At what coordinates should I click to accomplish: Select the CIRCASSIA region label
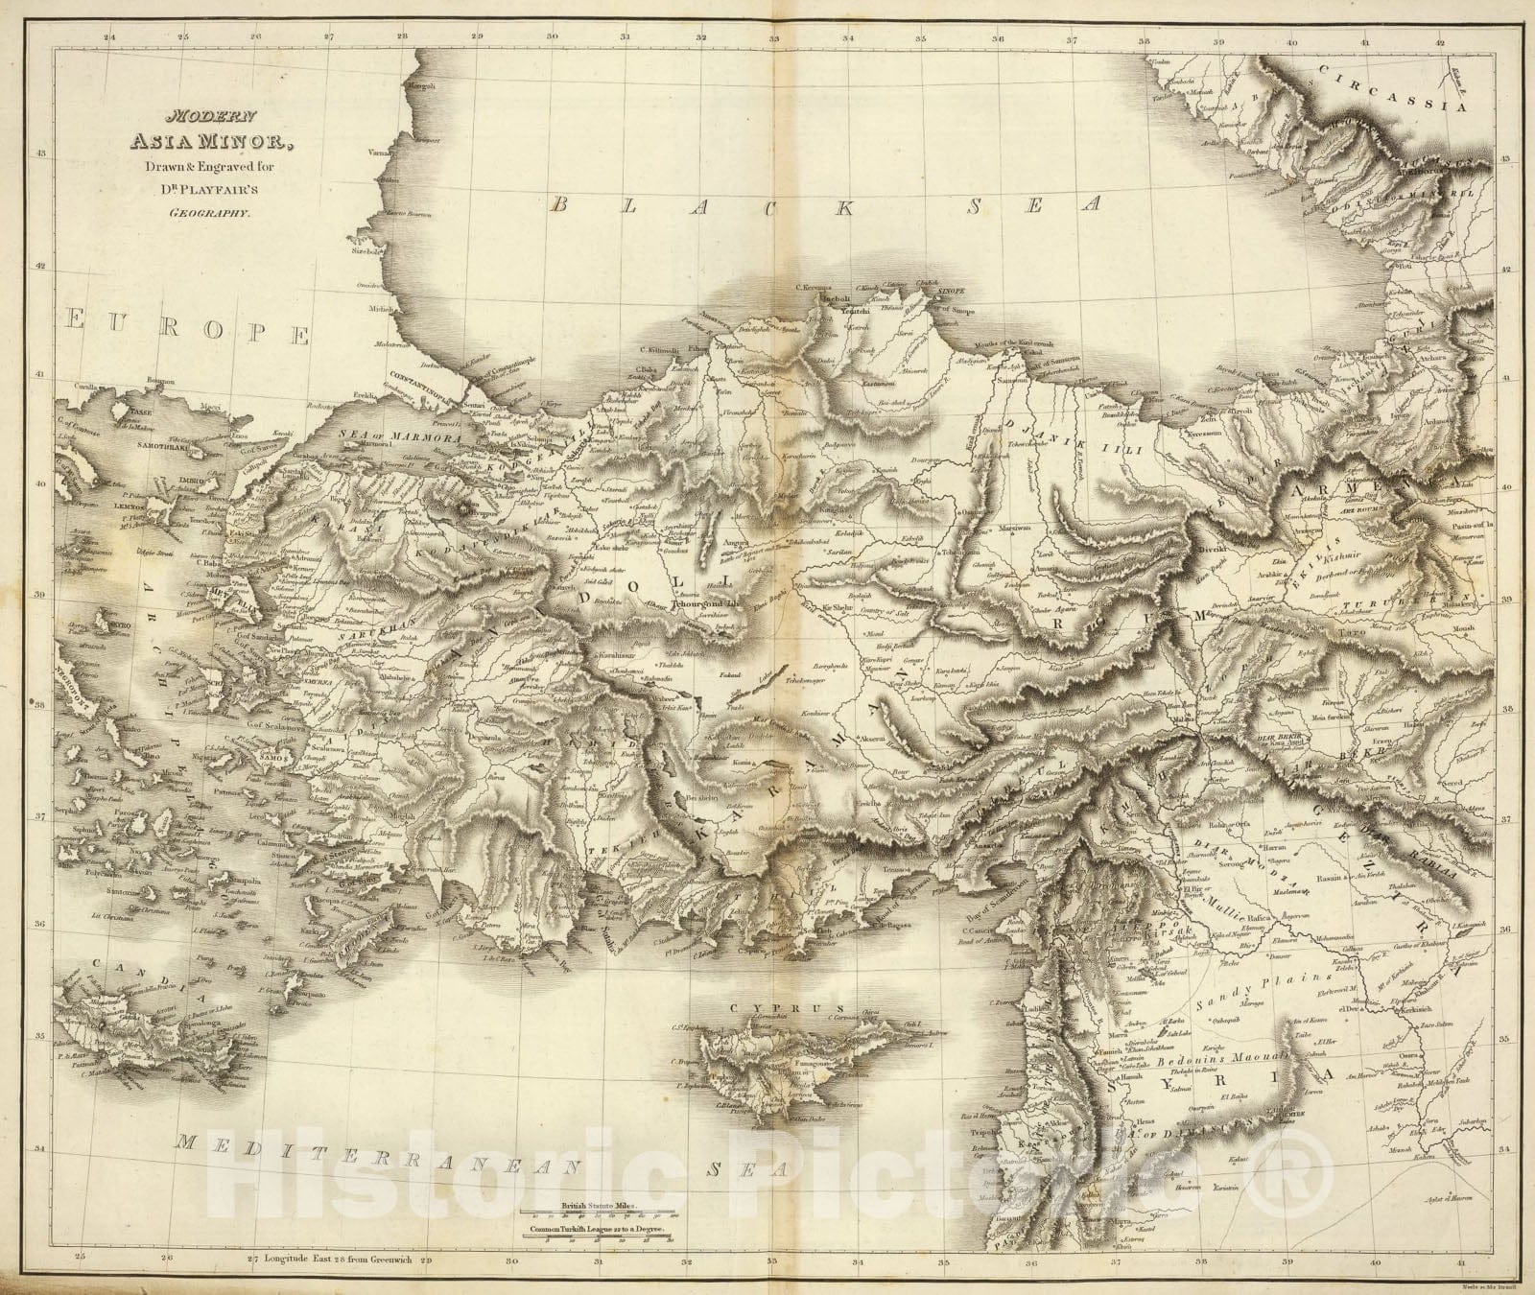[1391, 95]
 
